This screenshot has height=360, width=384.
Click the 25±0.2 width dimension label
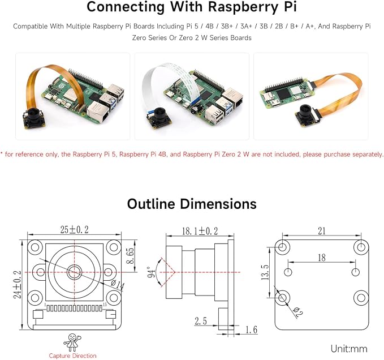tap(75, 230)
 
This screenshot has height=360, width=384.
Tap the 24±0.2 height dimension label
tap(17, 284)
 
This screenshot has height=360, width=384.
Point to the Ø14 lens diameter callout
tap(118, 285)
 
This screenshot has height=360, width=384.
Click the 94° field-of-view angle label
tap(152, 272)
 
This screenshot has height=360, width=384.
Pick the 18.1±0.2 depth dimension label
tap(200, 231)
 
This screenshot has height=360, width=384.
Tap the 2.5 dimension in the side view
tap(201, 320)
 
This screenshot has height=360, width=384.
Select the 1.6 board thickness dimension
tap(251, 329)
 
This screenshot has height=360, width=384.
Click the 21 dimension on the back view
tap(322, 231)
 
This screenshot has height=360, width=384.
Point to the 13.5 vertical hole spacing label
tap(265, 272)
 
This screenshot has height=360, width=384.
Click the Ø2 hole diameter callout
tap(297, 312)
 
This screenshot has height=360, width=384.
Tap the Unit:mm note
tap(349, 349)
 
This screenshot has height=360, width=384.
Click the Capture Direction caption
tap(73, 355)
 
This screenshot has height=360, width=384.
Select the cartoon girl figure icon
tap(72, 342)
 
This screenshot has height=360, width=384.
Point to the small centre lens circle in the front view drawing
tap(75, 272)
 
